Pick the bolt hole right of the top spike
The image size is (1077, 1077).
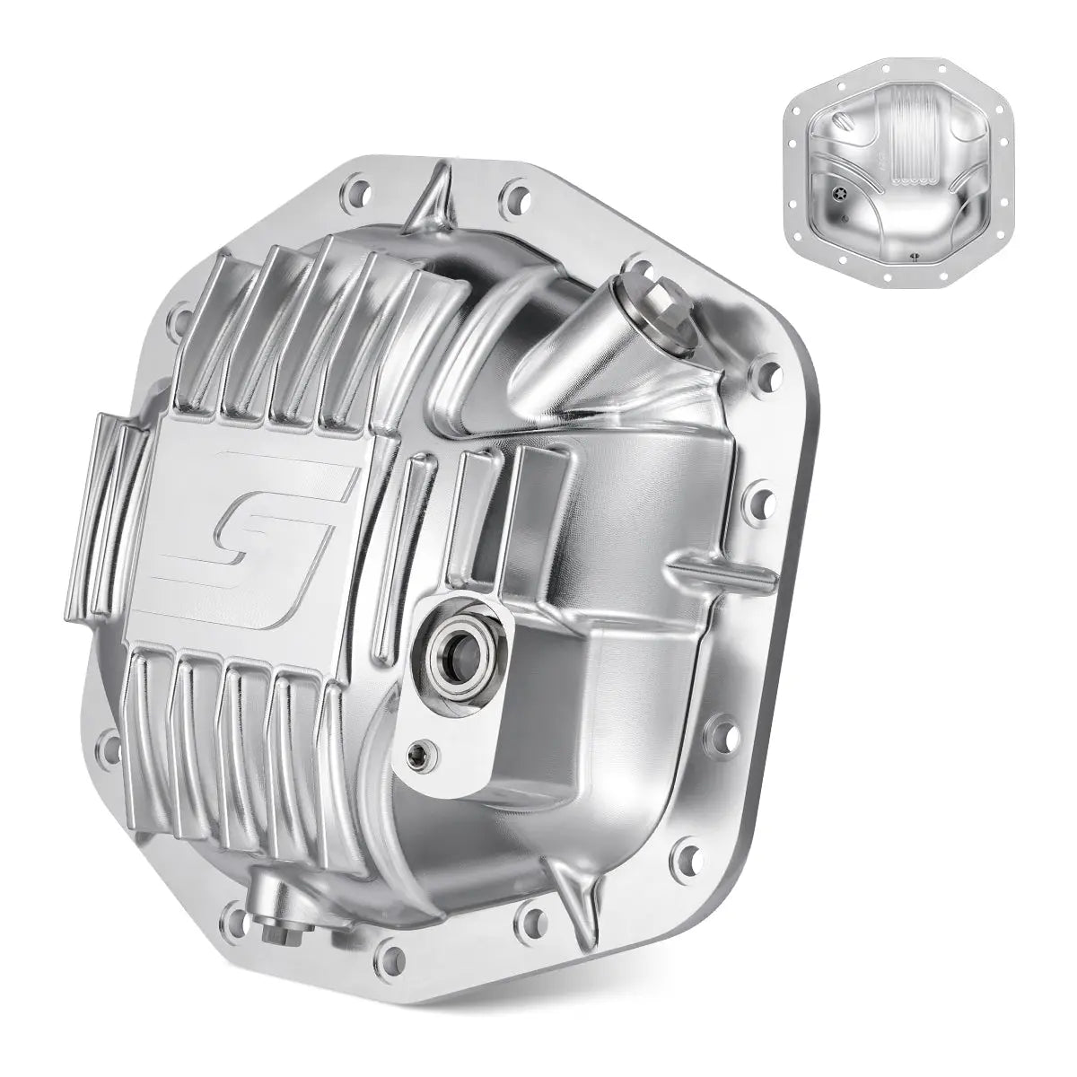514,190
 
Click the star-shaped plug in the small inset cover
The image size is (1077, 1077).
839,194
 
